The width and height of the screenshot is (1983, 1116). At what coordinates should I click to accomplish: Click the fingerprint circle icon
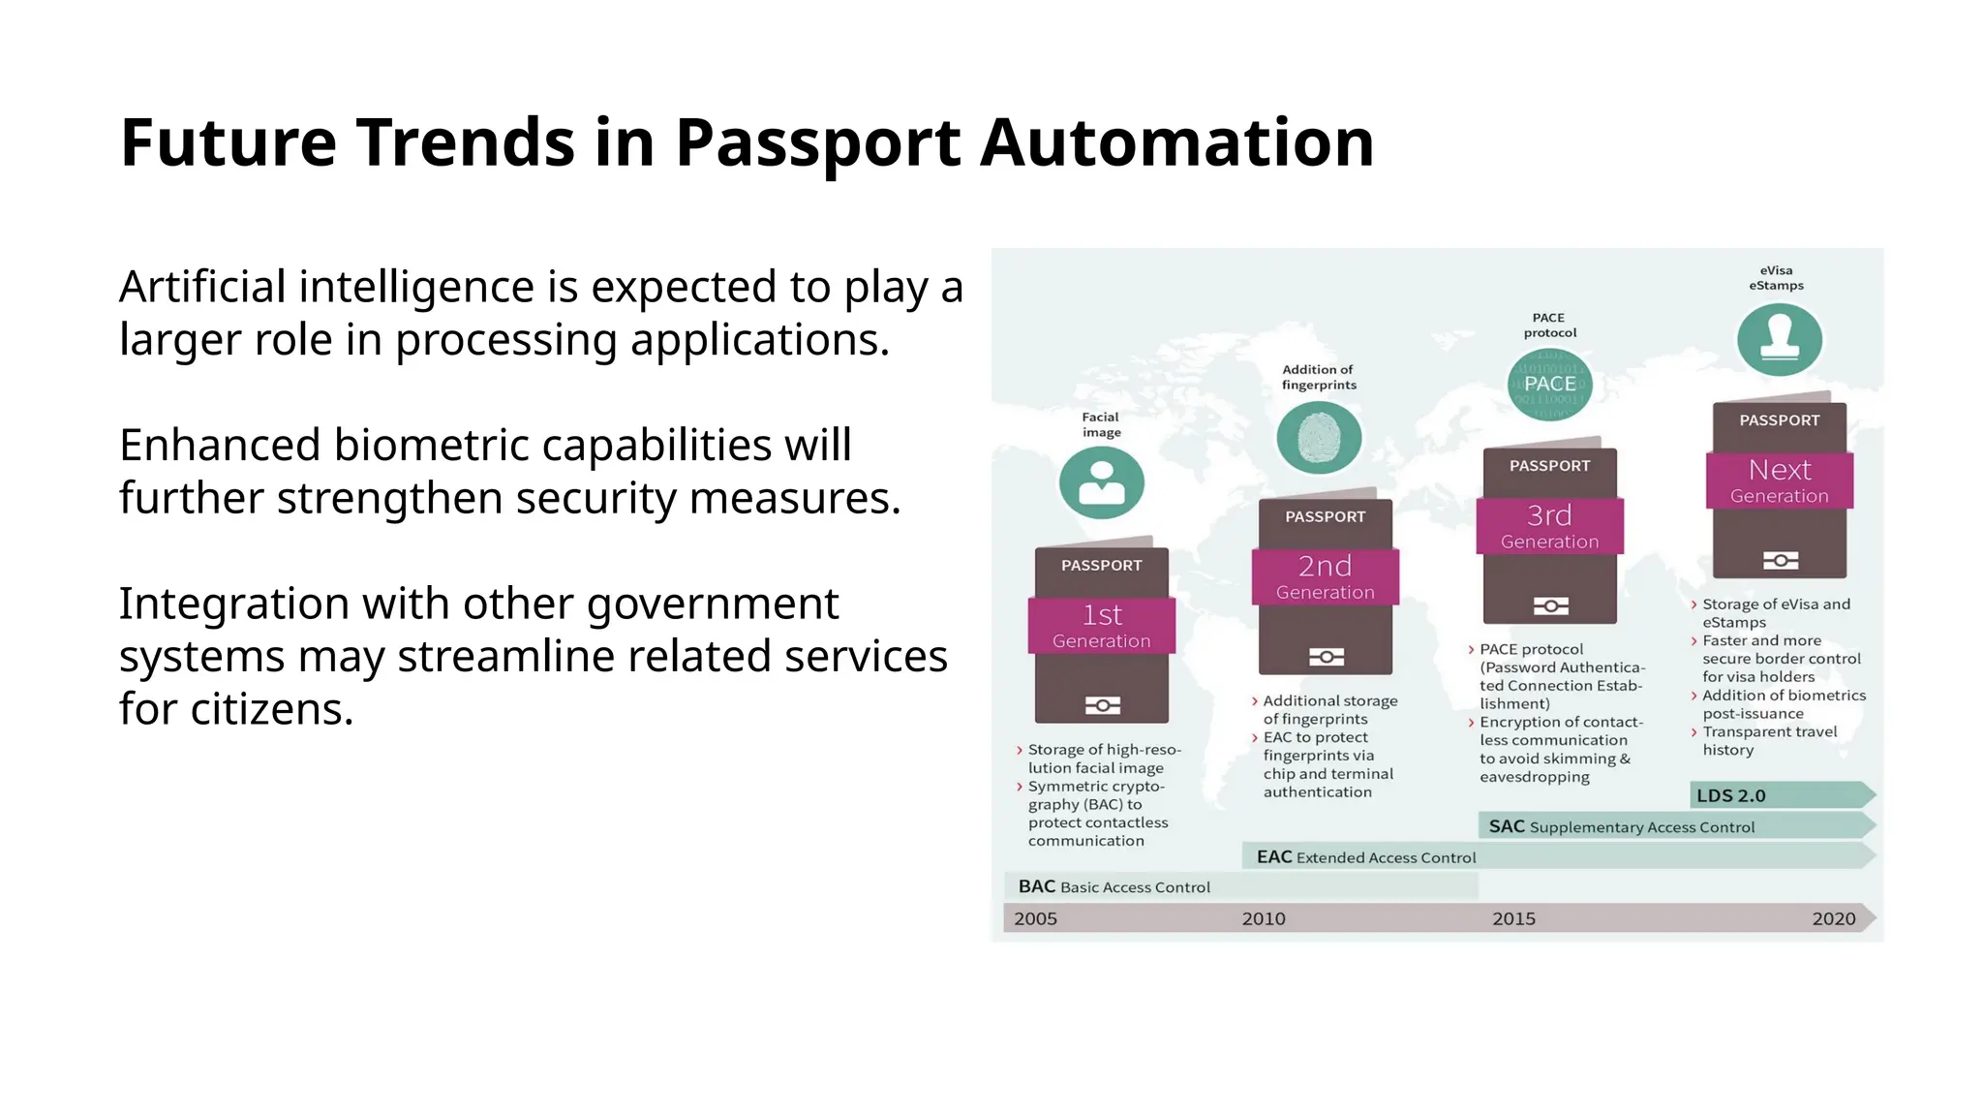click(x=1319, y=438)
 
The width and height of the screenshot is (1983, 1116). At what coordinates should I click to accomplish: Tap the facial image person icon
click(x=1101, y=482)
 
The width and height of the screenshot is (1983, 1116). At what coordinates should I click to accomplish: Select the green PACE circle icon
click(x=1549, y=385)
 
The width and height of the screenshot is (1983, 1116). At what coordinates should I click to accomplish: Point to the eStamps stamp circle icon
click(x=1779, y=339)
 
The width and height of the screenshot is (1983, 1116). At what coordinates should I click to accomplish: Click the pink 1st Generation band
click(x=1101, y=626)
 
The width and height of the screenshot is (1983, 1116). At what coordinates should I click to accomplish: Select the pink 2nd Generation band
click(x=1325, y=577)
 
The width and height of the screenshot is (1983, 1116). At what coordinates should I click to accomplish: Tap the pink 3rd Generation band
click(x=1549, y=527)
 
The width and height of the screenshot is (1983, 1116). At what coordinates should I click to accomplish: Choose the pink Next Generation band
click(x=1779, y=480)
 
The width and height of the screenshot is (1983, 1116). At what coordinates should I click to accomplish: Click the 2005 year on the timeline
click(x=1035, y=918)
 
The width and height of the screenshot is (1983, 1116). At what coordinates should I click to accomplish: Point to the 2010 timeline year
click(x=1264, y=918)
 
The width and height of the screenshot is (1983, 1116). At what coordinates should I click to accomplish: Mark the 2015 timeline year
click(x=1513, y=918)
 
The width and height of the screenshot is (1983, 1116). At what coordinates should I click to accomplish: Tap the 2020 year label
click(x=1833, y=918)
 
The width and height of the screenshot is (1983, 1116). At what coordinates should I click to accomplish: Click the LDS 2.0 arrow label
click(x=1731, y=795)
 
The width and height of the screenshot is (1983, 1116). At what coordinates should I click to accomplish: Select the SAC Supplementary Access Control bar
click(x=1622, y=826)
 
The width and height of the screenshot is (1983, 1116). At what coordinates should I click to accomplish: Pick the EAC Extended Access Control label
click(x=1365, y=857)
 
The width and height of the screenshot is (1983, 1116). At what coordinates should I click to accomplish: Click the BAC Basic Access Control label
click(x=1114, y=886)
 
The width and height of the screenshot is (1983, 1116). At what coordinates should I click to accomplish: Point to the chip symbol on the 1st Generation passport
click(x=1102, y=705)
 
